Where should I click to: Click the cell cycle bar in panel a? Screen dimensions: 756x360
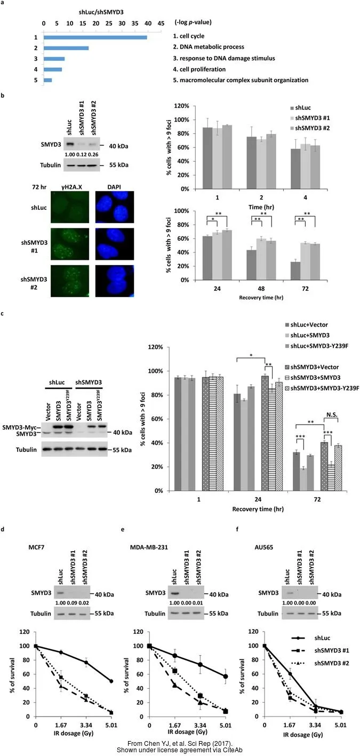coord(95,37)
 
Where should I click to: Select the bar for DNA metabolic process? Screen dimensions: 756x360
coord(66,48)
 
